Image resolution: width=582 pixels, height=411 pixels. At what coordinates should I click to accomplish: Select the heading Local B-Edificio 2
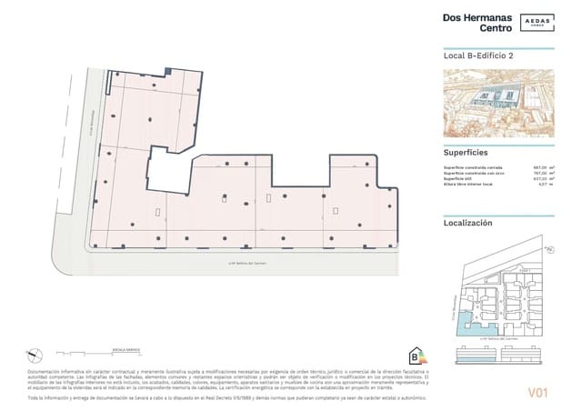[x=478, y=56]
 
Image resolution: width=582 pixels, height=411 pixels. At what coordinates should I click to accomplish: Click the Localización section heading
[x=473, y=222]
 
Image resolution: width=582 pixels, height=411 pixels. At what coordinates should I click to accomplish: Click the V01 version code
[x=537, y=393]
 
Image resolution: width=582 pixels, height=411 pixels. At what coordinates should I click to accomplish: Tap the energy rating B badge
[x=418, y=354]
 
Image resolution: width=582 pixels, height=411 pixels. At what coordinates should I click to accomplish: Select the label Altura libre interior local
[x=469, y=185]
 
